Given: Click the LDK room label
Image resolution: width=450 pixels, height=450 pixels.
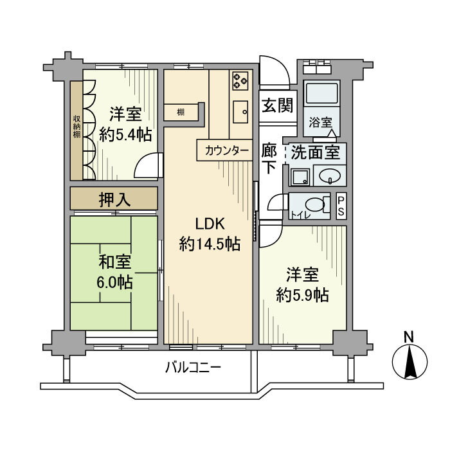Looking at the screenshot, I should [x=210, y=224].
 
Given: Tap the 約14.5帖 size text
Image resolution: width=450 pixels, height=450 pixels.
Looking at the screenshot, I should [x=210, y=245].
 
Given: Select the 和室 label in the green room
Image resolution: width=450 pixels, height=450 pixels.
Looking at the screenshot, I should [x=115, y=262].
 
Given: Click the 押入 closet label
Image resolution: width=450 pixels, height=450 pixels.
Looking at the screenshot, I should [x=115, y=199].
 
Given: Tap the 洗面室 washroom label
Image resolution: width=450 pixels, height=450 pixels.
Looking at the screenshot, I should [x=315, y=154].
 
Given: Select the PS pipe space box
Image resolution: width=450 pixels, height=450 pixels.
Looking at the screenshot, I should [x=341, y=206].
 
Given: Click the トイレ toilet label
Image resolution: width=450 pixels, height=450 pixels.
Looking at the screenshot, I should [x=298, y=215].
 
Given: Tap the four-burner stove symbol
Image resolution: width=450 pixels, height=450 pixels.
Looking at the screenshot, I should [x=240, y=80].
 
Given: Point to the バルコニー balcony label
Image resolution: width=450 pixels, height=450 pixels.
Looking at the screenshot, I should [x=193, y=368].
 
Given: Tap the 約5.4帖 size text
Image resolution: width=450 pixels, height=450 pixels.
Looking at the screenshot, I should [x=125, y=135].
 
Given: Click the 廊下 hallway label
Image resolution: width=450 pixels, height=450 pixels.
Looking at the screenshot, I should [x=270, y=157].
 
